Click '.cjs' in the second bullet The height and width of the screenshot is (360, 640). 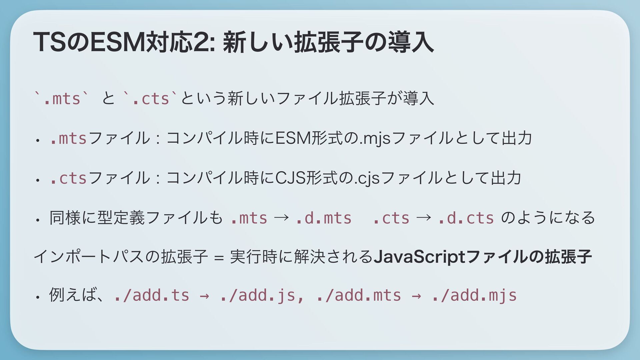pos(368,178)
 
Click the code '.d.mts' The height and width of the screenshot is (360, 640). pos(323,218)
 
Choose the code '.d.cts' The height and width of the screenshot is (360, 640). pos(466,218)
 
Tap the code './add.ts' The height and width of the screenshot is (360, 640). pos(151,295)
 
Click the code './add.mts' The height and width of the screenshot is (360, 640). pos(359,295)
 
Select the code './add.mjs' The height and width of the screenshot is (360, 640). pos(474,295)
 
